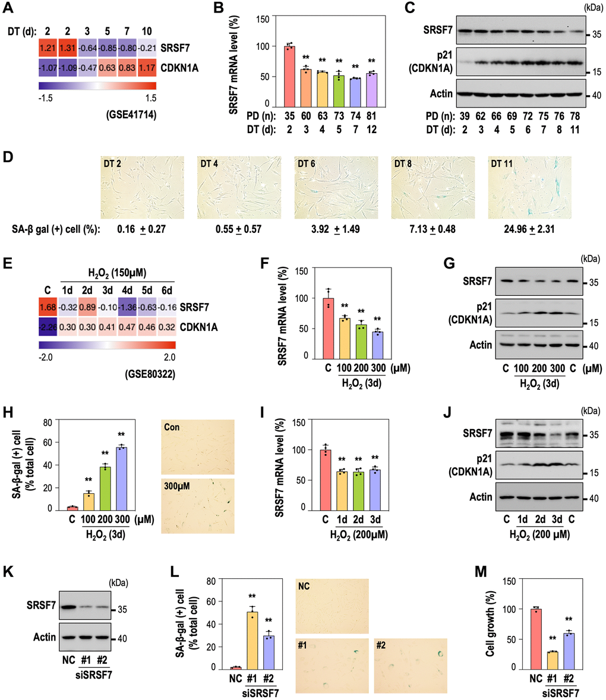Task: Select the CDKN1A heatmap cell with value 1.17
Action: [147, 68]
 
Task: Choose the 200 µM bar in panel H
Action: [108, 488]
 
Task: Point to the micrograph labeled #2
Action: [410, 664]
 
